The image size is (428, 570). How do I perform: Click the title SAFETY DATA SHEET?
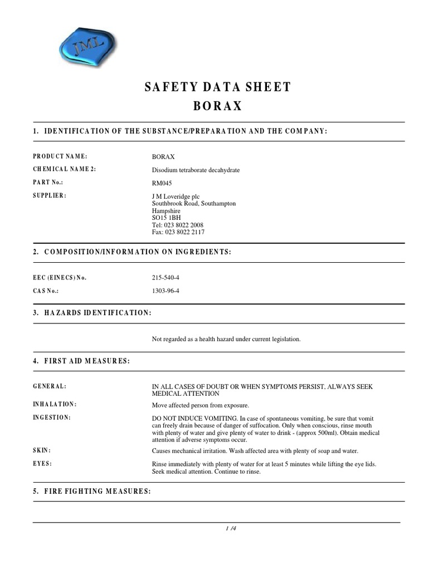218,87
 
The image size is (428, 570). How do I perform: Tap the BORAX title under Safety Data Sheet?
218,106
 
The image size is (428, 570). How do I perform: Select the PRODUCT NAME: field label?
60,156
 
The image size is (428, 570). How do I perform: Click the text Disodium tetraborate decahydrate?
196,170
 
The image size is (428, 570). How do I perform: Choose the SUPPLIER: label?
50,195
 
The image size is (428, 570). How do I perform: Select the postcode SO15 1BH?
167,218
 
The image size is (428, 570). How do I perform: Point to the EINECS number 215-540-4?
166,277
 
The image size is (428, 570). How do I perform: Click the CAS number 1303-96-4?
166,291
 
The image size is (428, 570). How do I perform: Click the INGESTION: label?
52,417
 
